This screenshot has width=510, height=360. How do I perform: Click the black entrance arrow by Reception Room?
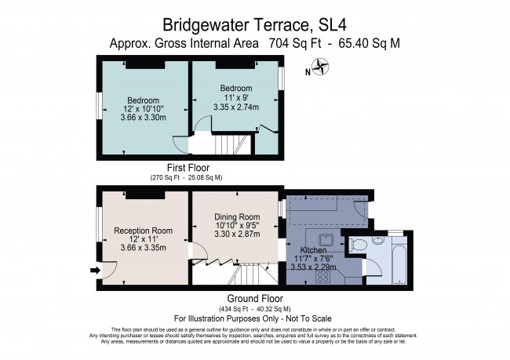96,271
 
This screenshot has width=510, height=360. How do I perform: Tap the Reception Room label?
143,231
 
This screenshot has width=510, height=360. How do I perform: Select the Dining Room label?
237,216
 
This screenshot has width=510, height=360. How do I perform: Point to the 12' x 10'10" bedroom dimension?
143,109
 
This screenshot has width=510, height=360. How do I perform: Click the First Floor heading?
188,168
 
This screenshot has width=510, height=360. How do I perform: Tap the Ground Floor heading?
254,299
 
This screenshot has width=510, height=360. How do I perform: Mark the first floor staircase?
231,144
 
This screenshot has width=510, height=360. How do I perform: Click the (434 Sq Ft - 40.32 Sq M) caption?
254,309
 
